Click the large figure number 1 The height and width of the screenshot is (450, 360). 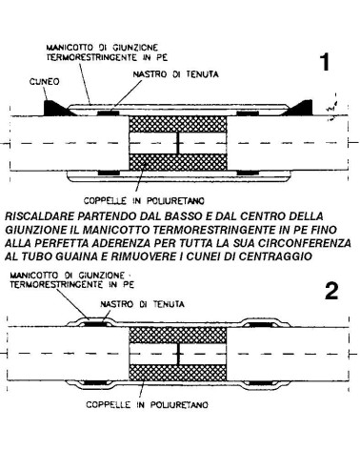(325, 62)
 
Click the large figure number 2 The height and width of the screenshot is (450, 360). (331, 292)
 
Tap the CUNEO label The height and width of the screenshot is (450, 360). (45, 82)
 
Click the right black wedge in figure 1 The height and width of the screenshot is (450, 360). (300, 108)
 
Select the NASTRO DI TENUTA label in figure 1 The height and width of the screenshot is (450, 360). (175, 74)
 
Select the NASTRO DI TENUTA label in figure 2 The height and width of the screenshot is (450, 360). (142, 304)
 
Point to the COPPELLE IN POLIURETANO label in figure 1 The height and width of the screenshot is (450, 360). (144, 201)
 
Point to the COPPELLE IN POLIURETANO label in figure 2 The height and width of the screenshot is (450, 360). (148, 405)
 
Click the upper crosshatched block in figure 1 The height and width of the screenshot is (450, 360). (178, 124)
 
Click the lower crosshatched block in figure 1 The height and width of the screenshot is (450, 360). (178, 162)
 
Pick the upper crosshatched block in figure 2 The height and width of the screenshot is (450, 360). (178, 336)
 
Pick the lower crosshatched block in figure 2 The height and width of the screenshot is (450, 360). (178, 373)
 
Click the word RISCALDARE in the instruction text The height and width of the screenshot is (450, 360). (39, 216)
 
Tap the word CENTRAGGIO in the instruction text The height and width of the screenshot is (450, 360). (276, 256)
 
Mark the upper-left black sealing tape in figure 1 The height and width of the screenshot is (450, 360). (109, 113)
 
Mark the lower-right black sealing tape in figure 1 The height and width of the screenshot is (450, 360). (248, 173)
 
